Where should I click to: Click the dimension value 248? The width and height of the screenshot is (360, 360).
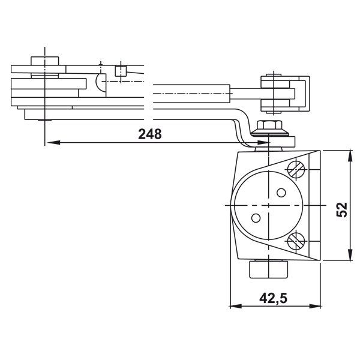(x=149, y=134)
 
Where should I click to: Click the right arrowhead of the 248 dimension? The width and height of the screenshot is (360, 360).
(x=264, y=142)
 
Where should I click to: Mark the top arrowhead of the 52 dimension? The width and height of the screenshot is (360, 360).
(x=350, y=154)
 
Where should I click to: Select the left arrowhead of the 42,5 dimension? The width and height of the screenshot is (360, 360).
(x=233, y=305)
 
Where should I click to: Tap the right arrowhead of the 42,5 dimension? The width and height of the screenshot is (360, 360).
(x=317, y=305)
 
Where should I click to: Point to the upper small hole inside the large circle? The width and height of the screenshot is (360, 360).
(x=281, y=193)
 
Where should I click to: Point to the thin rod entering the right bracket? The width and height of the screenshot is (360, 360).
(x=246, y=92)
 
